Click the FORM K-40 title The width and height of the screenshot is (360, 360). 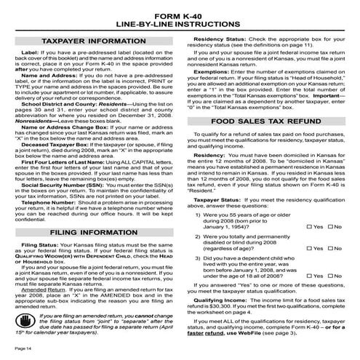click(x=180, y=9)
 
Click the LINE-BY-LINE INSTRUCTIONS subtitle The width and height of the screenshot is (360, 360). click(x=180, y=20)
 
